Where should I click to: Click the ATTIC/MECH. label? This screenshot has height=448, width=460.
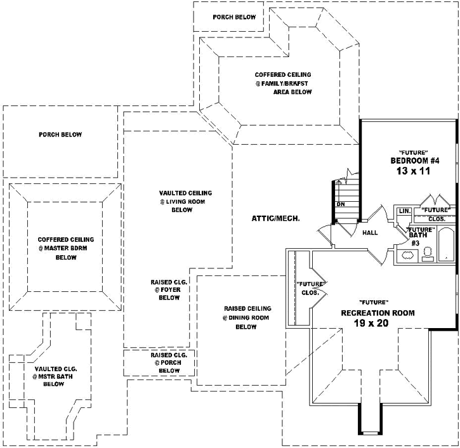tap(275, 218)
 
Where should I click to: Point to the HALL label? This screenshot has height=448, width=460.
tap(370, 233)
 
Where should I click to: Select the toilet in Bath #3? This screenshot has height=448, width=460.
tap(427, 254)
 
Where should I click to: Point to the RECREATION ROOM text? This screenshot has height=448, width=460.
tap(378, 313)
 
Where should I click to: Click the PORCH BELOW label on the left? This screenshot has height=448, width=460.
tap(60, 135)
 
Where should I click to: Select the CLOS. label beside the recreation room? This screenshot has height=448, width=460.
tap(311, 293)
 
